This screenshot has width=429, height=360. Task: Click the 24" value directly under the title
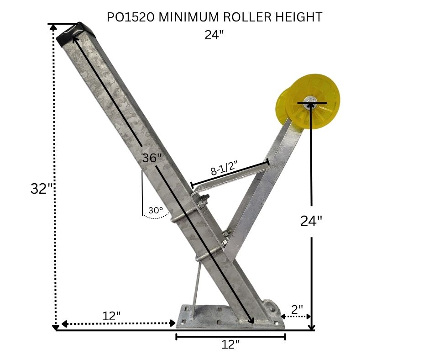tap(214, 35)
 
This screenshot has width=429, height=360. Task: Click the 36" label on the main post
tap(152, 158)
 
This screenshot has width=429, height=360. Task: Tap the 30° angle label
tap(156, 211)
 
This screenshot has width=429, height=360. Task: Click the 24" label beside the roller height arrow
tap(311, 221)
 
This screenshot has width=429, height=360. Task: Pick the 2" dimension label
tap(297, 309)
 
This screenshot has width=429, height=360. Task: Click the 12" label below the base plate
tap(230, 344)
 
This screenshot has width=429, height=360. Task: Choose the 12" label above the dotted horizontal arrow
tap(111, 316)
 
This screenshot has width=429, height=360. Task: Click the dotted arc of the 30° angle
tap(155, 217)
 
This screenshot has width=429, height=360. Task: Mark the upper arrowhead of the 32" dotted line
tap(54, 27)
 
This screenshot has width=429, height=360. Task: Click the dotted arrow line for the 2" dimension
tap(297, 316)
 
